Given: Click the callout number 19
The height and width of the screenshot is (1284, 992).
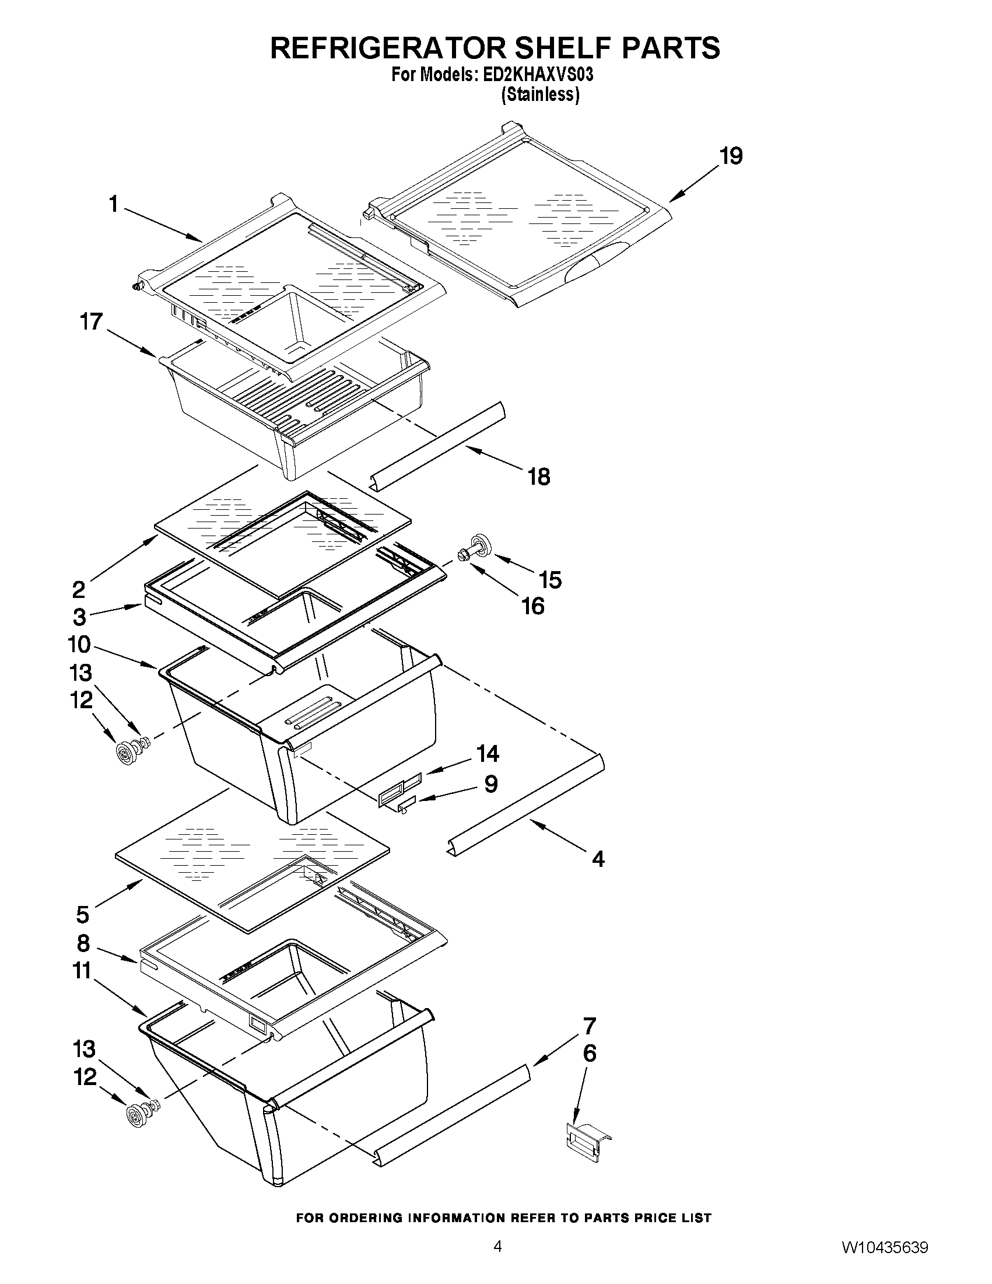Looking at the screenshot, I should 732,156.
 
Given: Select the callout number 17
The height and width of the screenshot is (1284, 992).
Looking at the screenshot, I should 91,322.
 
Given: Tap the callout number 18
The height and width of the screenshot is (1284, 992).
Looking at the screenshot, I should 539,477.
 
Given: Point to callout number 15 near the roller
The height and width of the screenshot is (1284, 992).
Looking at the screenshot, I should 551,580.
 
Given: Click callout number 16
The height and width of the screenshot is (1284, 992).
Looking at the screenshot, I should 533,606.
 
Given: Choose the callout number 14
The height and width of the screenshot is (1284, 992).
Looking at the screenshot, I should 488,753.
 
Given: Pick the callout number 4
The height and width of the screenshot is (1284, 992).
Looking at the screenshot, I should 598,859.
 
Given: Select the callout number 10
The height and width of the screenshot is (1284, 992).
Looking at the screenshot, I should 79,645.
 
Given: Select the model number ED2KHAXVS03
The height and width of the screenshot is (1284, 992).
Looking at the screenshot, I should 538,76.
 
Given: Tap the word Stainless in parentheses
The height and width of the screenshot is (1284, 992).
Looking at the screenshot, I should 540,95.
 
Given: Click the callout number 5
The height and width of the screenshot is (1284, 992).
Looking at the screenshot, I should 83,915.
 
